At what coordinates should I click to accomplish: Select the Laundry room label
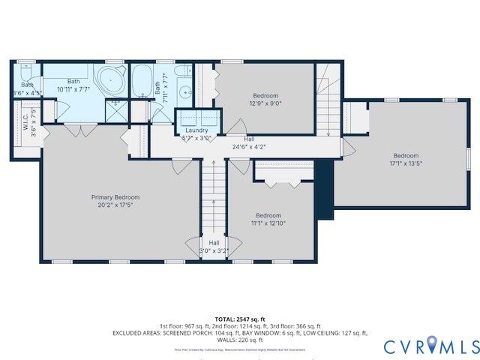click(x=197, y=130)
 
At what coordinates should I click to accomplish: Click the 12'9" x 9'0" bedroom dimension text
click(x=265, y=104)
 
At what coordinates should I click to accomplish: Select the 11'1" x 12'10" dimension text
click(x=269, y=223)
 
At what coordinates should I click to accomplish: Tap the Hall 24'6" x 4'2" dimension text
click(x=249, y=147)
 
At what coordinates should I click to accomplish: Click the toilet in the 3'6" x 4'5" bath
click(x=25, y=74)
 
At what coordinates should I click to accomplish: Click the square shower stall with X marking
click(x=115, y=110)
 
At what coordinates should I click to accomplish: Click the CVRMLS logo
click(x=431, y=346)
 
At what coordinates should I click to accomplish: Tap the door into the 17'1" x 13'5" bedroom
click(x=346, y=147)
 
